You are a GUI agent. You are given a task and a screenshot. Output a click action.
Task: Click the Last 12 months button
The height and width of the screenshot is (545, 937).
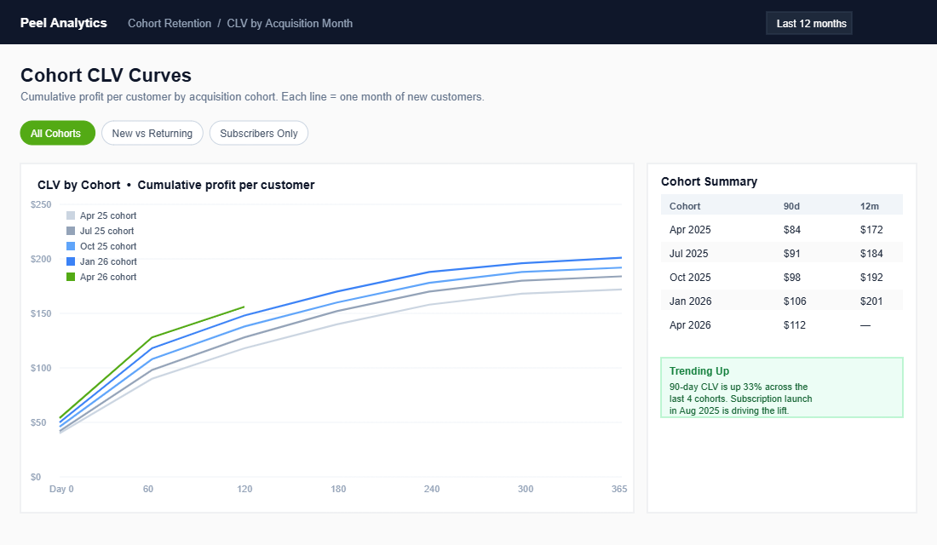point(809,24)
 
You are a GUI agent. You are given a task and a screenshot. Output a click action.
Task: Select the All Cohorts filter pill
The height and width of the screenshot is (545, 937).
point(56,134)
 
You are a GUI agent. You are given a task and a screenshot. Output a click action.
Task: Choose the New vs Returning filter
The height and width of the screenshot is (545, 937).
point(152,134)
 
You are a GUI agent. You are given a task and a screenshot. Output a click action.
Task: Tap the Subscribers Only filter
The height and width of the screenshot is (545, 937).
point(259,134)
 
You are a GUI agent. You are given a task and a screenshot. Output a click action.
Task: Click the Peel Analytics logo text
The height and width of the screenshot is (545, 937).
point(64,23)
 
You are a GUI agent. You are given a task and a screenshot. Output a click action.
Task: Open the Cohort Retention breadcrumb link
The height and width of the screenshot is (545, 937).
point(170,24)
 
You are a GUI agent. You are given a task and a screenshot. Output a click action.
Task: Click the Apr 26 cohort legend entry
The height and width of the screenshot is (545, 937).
point(107,278)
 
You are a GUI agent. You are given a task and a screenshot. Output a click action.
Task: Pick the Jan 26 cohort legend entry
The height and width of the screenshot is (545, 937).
point(107,262)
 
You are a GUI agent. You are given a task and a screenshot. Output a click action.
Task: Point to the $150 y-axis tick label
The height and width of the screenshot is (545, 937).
point(41,314)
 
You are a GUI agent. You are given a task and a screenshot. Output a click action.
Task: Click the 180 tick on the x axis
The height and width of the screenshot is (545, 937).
point(338,490)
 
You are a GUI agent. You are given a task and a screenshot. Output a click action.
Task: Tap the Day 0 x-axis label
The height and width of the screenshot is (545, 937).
point(61,490)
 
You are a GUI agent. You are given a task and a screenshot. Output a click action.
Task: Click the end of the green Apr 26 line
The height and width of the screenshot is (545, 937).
point(244,307)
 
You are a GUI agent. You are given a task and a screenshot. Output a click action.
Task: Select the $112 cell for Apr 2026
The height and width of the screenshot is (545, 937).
point(794,325)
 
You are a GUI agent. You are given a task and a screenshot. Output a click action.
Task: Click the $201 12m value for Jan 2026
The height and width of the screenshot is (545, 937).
point(871,301)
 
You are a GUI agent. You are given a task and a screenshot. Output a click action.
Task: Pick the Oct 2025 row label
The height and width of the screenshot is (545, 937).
point(690,278)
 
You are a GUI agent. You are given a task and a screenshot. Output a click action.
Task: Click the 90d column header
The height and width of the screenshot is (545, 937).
point(791,206)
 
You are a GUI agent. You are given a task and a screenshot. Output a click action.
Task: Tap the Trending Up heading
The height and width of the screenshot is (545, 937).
point(698,371)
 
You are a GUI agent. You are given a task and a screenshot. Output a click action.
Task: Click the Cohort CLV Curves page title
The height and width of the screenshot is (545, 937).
point(106,75)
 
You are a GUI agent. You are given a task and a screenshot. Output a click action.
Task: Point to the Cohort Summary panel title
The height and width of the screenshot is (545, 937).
point(709,181)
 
